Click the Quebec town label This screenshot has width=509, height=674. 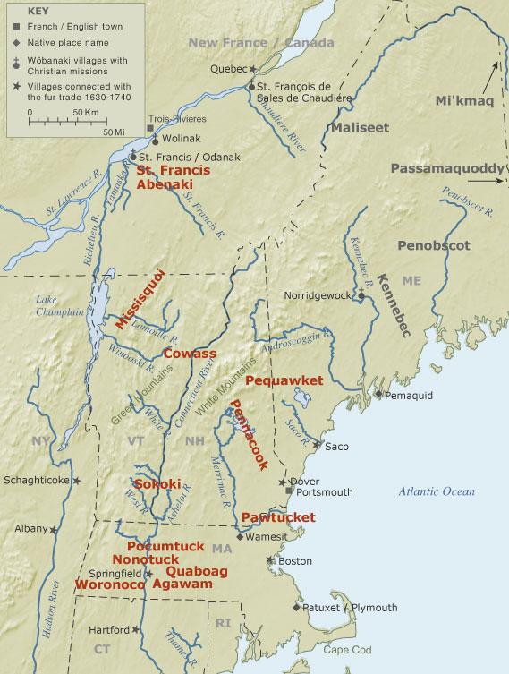tap(227, 68)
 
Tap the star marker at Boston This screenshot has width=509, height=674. tap(269, 560)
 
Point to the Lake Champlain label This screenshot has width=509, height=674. tap(59, 305)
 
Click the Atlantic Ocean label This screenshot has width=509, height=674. tap(437, 491)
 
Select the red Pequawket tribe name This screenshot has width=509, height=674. tap(284, 380)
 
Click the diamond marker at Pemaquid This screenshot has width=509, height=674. tap(378, 394)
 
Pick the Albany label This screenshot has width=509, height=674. tap(30, 529)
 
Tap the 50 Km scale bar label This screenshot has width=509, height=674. tap(85, 112)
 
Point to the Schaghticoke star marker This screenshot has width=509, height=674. tap(77, 481)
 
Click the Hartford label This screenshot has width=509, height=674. tap(110, 629)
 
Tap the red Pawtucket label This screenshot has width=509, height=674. tap(278, 517)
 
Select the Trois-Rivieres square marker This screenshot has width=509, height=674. tap(150, 128)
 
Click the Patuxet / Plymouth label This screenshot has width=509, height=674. tap(350, 608)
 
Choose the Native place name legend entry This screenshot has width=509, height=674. tap(60, 41)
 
